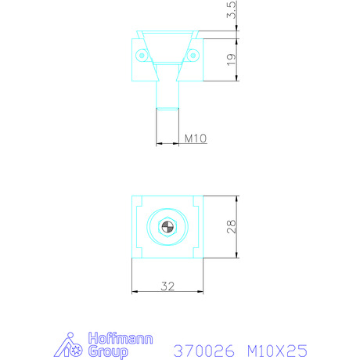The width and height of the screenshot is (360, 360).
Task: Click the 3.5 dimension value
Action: [232, 10]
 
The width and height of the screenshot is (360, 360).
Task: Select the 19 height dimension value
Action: [232, 60]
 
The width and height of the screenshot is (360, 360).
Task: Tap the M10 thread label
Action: [196, 139]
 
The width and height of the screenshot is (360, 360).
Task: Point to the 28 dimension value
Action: [232, 227]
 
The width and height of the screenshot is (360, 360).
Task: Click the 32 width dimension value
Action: [167, 286]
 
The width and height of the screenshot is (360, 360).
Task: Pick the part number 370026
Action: [204, 351]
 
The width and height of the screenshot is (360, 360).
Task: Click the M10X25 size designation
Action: [277, 351]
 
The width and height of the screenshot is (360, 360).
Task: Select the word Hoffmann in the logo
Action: [121, 338]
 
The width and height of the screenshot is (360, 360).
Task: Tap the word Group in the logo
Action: [108, 352]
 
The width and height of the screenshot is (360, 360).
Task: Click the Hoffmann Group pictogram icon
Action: [68, 345]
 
